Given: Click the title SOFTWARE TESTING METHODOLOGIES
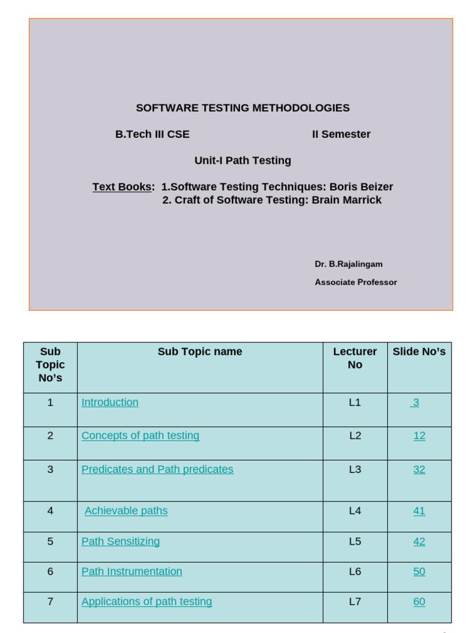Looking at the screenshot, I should [242, 108].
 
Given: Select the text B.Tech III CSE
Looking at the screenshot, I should [152, 134].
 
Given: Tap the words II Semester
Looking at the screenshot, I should [341, 134].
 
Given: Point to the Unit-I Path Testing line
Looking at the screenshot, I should [242, 161].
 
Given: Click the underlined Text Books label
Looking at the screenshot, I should [122, 187].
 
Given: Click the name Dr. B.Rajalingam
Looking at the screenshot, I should [348, 264].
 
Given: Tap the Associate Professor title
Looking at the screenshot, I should [356, 283].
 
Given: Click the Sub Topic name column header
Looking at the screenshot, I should [200, 352].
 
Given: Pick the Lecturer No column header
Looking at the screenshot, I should [354, 358].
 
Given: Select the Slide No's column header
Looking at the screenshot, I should [419, 352].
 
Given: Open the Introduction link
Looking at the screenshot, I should [110, 402].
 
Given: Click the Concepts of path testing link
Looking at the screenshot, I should [140, 436].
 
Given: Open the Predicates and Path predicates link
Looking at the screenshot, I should [157, 470].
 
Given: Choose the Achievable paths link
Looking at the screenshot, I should [126, 511].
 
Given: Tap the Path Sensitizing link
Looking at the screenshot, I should [121, 542].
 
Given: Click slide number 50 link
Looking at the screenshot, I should [419, 572].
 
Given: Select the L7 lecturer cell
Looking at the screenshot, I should [354, 601].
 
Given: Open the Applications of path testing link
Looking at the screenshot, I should [147, 602].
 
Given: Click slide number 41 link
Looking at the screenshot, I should [419, 511].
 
